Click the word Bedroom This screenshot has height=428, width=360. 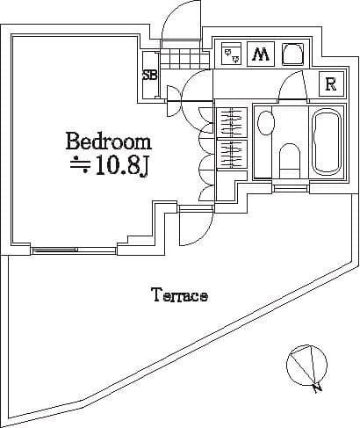click(109, 141)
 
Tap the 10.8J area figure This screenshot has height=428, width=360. click(120, 167)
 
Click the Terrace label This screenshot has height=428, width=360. click(180, 294)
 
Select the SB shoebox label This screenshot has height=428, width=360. click(149, 76)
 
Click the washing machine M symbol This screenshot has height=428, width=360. click(261, 54)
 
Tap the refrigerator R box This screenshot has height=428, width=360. click(331, 84)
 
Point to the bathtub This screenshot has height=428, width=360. click(327, 142)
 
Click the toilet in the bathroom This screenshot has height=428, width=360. click(289, 161)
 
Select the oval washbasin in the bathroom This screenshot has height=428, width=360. click(266, 122)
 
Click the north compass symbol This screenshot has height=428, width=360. click(306, 365)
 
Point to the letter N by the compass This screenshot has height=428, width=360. click(317, 388)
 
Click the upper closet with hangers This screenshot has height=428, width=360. click(232, 123)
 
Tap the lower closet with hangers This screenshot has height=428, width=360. click(232, 155)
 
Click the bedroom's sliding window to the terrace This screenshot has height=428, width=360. click(73, 250)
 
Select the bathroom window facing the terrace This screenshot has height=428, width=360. click(291, 188)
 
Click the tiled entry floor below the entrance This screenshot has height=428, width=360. click(184, 59)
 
